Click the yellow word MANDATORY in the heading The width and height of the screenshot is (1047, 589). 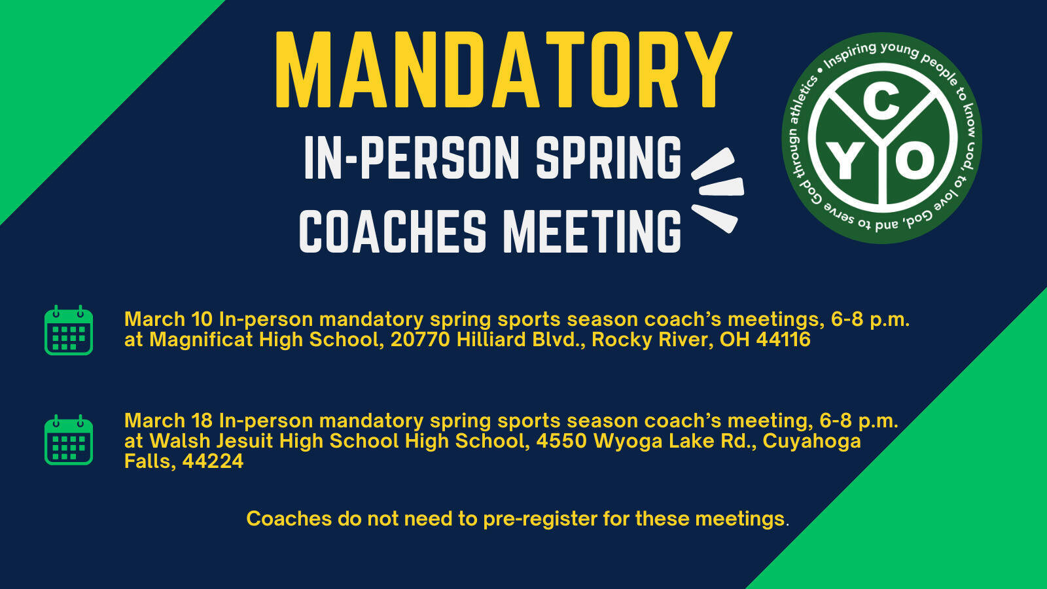(x=503, y=70)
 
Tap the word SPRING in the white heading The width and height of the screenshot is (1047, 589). (x=608, y=158)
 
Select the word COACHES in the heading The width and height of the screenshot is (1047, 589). (x=393, y=232)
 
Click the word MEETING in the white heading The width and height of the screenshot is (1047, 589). (x=592, y=232)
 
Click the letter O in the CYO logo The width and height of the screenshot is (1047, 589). (x=915, y=161)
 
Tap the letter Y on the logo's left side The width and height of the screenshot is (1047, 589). (x=845, y=162)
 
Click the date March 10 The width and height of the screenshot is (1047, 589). (x=169, y=319)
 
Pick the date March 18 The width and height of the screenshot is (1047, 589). (x=169, y=421)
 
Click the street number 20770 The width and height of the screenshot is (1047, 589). (x=420, y=340)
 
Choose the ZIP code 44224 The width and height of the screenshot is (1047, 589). (x=213, y=461)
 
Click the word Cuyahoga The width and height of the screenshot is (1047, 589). (x=812, y=442)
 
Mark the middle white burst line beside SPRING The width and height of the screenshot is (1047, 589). (x=721, y=187)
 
